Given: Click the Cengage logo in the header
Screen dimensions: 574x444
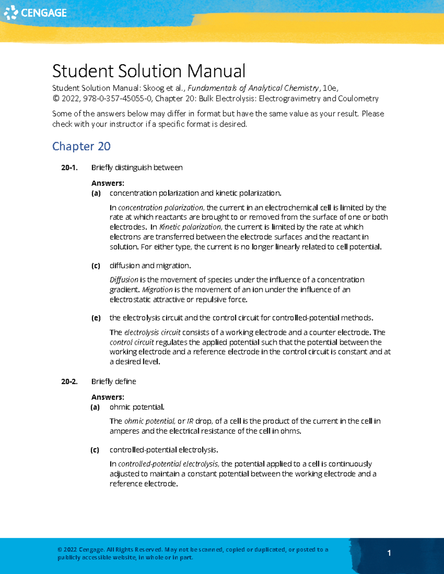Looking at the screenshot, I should click(35, 13).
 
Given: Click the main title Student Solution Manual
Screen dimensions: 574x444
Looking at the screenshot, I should click(148, 71).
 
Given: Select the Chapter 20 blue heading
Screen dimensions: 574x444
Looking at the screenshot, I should click(81, 146).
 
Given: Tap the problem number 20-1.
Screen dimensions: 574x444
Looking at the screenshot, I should click(69, 168).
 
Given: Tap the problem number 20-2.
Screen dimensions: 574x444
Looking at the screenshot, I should click(69, 381).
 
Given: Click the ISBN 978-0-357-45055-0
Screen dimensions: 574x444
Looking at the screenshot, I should click(117, 99).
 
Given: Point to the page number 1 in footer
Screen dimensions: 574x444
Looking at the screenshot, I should click(389, 553).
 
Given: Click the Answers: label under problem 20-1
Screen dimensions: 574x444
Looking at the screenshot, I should click(108, 183).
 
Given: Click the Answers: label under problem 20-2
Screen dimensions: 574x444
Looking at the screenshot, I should click(108, 397).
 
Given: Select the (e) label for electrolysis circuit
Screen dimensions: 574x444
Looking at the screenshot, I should click(96, 318).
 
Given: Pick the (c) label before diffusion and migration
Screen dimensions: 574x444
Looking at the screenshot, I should click(96, 266).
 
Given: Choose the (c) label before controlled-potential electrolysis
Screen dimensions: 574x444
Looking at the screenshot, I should click(95, 450).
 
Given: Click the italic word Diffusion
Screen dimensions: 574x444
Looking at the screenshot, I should click(124, 280).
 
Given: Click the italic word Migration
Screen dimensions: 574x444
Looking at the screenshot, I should click(157, 290).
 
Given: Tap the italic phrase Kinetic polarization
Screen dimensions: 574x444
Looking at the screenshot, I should click(190, 227).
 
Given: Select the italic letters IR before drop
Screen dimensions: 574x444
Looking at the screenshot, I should click(190, 421).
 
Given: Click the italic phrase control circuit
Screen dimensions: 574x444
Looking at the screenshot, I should click(132, 342).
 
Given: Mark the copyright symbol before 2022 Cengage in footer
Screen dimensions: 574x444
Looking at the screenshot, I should click(60, 550).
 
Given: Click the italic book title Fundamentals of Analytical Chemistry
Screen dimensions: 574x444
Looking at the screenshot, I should click(253, 88).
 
